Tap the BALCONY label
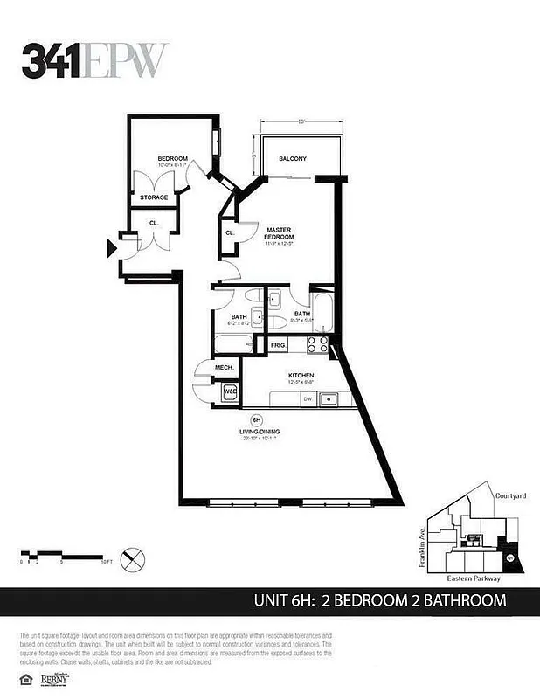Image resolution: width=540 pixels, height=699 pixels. pos(292,158)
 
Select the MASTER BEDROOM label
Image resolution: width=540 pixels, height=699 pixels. pos(280,233)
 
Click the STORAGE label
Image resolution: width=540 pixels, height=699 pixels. pos(154,197)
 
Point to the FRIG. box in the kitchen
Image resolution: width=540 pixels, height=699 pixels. pos(279,346)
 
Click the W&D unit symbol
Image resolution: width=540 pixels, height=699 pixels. pos(231,393)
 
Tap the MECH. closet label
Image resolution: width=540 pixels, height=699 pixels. pos(224,368)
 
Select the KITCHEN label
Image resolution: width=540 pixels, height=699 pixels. pos(301,377)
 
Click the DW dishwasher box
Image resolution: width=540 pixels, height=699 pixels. pos(308,399)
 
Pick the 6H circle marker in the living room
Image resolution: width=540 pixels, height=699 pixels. pos(257,419)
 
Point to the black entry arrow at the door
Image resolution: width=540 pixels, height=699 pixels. pos(111,249)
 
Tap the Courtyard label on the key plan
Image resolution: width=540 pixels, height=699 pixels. pos(509,495)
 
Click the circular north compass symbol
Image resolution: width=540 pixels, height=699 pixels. pos(134,557)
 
